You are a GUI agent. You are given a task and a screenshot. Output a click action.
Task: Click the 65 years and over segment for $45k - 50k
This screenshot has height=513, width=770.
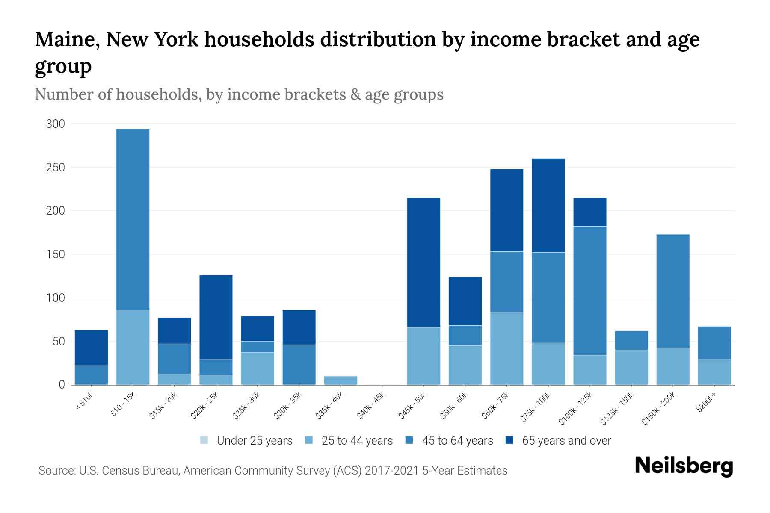click(x=423, y=262)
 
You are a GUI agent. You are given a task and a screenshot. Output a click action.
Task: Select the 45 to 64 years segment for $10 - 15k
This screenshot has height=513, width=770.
click(x=133, y=220)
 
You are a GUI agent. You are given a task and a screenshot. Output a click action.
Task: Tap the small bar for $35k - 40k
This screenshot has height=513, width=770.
click(x=341, y=380)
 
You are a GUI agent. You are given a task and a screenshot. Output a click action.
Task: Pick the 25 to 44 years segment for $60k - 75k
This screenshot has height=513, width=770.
click(x=506, y=348)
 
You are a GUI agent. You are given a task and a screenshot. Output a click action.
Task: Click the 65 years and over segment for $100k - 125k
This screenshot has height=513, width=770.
click(x=589, y=212)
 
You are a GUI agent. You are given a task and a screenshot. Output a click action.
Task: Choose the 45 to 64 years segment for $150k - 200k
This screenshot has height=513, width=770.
click(x=672, y=291)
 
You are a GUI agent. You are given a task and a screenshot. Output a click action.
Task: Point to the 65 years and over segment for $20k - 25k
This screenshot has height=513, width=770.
click(x=216, y=317)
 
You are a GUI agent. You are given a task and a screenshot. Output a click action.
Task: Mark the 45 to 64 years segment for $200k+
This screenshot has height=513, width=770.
click(x=714, y=343)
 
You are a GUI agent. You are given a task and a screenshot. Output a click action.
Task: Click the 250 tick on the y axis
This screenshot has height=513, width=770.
click(x=56, y=168)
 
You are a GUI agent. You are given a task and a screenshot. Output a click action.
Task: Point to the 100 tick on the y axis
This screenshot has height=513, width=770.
click(x=56, y=298)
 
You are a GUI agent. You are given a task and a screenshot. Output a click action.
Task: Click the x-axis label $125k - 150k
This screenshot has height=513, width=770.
click(x=617, y=409)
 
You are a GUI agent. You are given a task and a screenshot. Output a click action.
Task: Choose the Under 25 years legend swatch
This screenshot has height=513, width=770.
click(x=204, y=440)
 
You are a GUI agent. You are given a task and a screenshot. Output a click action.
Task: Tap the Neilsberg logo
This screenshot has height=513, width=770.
click(x=684, y=466)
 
